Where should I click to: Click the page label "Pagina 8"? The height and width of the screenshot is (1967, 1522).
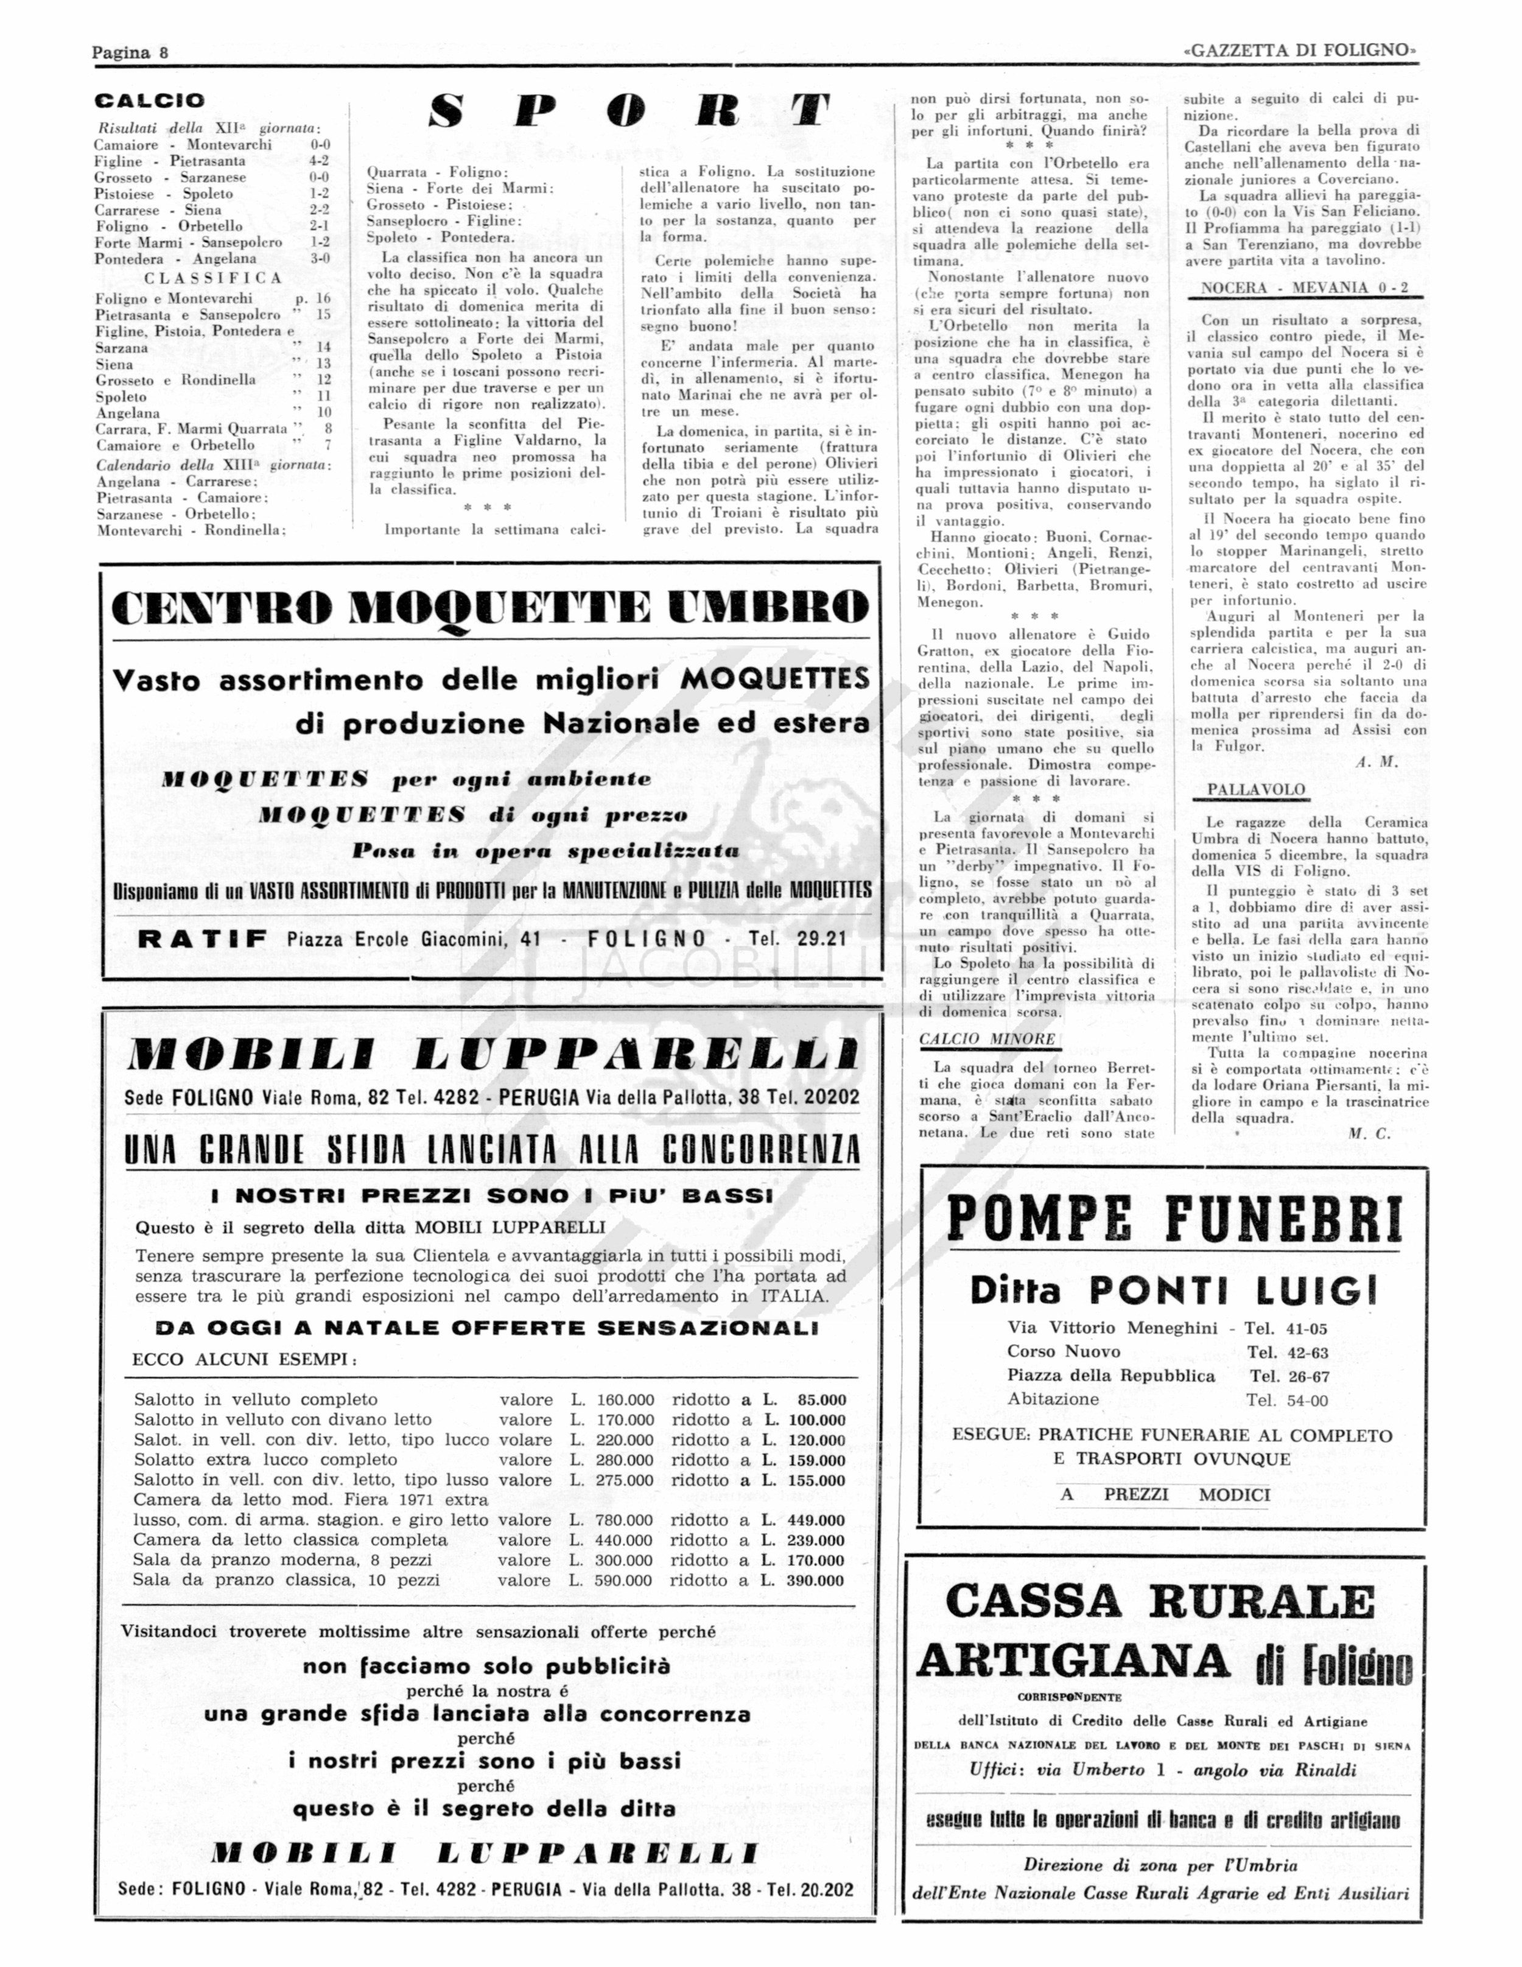(130, 52)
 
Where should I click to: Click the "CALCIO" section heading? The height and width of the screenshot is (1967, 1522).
(150, 101)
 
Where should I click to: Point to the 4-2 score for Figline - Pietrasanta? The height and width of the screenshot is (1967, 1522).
(319, 161)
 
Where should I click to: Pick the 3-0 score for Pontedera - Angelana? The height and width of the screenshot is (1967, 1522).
(319, 258)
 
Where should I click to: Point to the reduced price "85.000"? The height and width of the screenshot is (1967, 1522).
(821, 1399)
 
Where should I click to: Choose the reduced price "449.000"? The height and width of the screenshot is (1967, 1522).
(816, 1519)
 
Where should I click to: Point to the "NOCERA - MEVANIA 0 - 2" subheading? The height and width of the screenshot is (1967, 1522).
(1305, 288)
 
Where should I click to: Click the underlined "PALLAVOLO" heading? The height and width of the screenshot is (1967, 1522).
(1255, 790)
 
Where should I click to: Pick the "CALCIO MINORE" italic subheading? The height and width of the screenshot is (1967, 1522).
(987, 1038)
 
